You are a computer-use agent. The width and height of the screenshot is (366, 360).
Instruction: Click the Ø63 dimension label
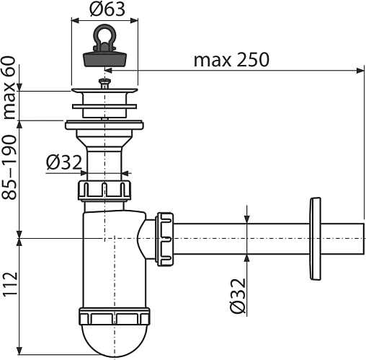(x=107, y=9)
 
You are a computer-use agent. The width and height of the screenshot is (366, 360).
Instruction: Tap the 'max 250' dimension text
(x=231, y=60)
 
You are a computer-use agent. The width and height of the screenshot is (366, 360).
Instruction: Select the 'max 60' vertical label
(x=9, y=87)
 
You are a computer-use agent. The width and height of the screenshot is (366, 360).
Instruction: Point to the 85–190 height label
(x=9, y=167)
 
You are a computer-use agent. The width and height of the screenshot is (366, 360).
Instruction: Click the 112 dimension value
(x=9, y=284)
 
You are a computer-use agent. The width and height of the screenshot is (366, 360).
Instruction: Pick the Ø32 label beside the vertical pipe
(x=64, y=162)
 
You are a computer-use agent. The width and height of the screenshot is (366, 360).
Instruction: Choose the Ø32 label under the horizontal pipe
(x=238, y=296)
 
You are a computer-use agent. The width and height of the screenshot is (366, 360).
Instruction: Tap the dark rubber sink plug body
(x=104, y=60)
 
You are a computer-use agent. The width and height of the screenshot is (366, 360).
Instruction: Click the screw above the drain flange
(x=104, y=83)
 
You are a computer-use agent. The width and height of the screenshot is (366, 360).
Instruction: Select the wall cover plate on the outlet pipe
(x=315, y=239)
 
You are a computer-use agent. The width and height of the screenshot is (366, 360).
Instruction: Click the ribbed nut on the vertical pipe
(x=104, y=190)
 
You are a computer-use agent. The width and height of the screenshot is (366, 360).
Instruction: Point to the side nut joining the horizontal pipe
(x=165, y=239)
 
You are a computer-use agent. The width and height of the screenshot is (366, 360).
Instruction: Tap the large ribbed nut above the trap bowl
(x=115, y=316)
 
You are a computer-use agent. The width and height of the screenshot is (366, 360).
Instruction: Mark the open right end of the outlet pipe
(x=363, y=239)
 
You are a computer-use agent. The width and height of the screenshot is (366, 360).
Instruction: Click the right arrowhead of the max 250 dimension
(x=360, y=71)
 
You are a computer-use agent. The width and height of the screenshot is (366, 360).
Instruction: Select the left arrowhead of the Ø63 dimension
(x=76, y=21)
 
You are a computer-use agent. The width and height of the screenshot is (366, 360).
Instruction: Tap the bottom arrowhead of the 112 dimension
(x=19, y=351)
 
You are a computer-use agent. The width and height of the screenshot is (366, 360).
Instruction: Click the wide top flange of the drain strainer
(x=104, y=91)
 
